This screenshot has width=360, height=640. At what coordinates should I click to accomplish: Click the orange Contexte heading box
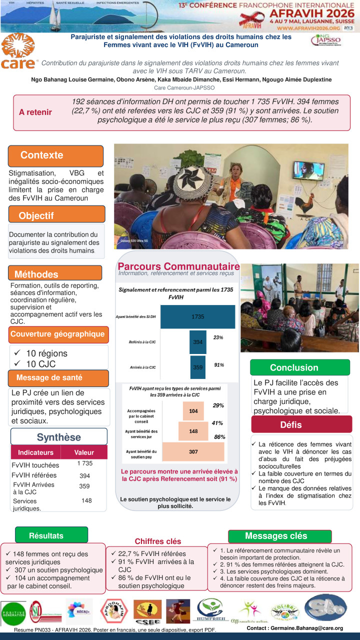(55, 155)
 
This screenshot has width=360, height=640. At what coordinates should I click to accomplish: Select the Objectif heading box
(56, 215)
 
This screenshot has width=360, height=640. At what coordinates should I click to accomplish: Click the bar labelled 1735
(197, 316)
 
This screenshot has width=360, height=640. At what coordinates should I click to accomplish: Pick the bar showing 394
(197, 342)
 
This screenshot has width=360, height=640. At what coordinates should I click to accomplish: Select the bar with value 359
(197, 367)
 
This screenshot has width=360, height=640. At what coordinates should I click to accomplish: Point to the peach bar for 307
(193, 451)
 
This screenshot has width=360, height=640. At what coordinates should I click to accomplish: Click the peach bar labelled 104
(193, 410)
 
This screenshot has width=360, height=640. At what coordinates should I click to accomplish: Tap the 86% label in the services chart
(219, 436)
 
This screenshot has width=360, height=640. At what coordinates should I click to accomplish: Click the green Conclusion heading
(294, 367)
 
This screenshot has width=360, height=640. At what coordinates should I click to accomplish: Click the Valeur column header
(84, 452)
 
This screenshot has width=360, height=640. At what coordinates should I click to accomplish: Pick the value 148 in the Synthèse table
(86, 500)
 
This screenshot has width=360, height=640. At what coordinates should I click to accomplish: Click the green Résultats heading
(46, 535)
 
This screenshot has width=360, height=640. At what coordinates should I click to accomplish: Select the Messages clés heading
(276, 536)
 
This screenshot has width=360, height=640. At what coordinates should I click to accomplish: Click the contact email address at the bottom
(295, 628)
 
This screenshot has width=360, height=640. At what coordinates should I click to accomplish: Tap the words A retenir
(35, 112)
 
